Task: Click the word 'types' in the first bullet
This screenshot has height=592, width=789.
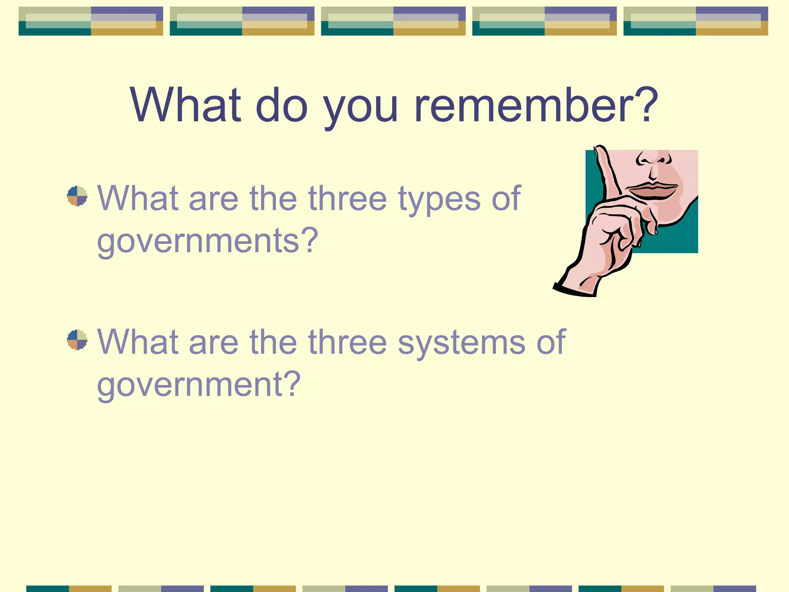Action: (x=439, y=200)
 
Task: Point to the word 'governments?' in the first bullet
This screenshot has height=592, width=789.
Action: (x=208, y=241)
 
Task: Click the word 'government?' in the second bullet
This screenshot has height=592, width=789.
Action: (x=199, y=385)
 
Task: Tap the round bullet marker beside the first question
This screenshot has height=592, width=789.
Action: (x=77, y=196)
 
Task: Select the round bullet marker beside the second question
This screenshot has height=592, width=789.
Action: (x=77, y=340)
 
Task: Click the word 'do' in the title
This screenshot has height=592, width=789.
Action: (x=282, y=105)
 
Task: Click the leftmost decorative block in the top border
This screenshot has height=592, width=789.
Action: (x=91, y=21)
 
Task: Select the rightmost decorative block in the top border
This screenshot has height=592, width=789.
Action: (x=695, y=21)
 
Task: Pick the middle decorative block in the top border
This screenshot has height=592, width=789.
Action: (x=393, y=21)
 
